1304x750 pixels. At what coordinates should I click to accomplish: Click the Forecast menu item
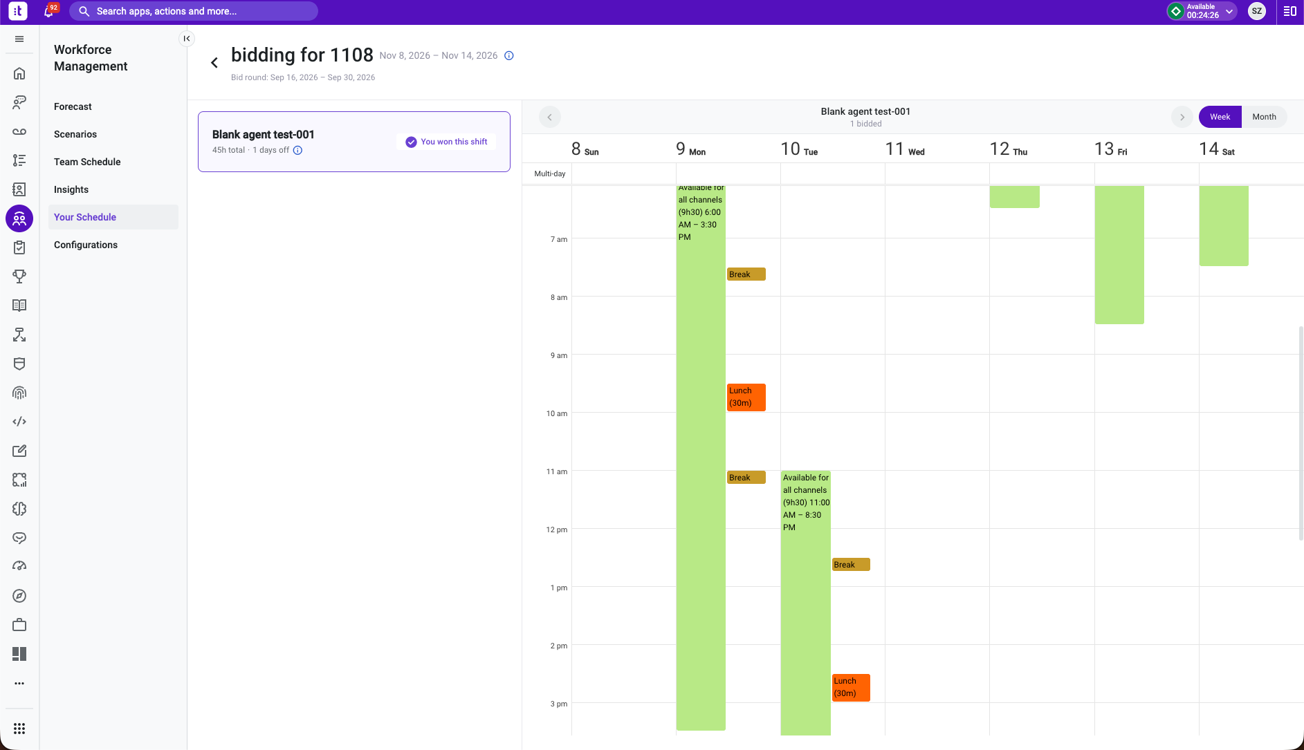[73, 106]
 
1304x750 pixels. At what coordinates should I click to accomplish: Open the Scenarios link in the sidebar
[75, 134]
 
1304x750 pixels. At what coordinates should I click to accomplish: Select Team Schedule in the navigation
[87, 162]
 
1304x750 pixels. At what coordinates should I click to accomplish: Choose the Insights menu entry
[71, 189]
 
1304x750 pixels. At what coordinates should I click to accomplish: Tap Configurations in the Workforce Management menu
[86, 245]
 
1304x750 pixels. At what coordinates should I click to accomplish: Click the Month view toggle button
[1264, 117]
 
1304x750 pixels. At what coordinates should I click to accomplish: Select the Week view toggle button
[1220, 117]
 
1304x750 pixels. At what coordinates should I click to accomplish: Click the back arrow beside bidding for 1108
[214, 63]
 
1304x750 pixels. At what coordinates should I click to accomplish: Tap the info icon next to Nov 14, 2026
[509, 56]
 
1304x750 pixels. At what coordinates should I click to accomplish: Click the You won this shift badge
[446, 142]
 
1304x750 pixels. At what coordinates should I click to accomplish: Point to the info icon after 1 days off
[297, 150]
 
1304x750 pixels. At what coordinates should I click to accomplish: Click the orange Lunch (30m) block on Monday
[746, 397]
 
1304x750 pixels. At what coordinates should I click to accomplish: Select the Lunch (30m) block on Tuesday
[851, 688]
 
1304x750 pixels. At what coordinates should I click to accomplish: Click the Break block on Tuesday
[851, 565]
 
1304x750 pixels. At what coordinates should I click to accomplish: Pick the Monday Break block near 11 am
[746, 478]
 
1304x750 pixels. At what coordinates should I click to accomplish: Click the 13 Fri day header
[1110, 149]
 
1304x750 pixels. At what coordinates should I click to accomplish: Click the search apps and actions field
[194, 11]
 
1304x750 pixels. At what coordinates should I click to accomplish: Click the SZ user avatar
[1257, 11]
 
